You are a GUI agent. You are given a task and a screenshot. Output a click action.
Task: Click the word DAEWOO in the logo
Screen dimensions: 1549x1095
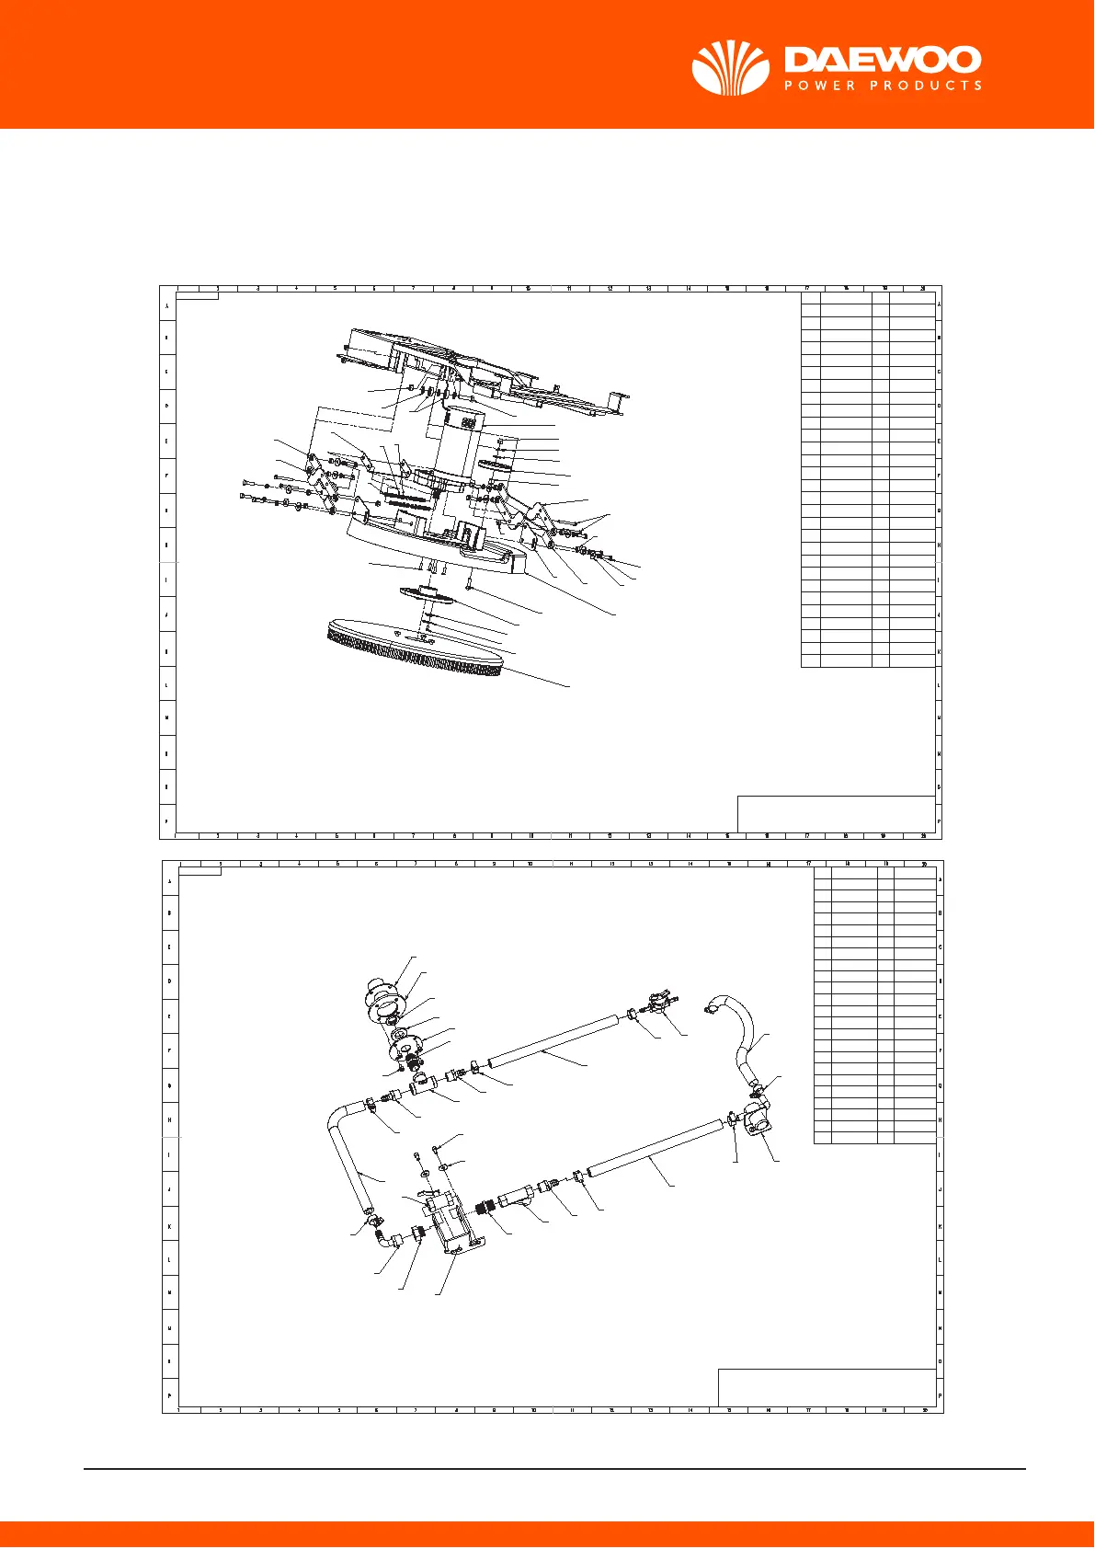pyautogui.click(x=883, y=61)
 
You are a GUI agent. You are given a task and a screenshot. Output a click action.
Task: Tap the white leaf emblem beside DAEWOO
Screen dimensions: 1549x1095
pyautogui.click(x=730, y=68)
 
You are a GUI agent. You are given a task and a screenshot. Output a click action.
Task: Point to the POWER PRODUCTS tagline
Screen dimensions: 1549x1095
pyautogui.click(x=883, y=86)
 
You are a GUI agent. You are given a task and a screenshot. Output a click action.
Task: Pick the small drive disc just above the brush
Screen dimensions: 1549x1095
pyautogui.click(x=428, y=595)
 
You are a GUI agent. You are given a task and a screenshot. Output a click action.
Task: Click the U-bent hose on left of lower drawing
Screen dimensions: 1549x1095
pyautogui.click(x=349, y=1154)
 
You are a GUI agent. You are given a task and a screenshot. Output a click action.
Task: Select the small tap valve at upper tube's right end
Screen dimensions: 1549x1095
pyautogui.click(x=657, y=1003)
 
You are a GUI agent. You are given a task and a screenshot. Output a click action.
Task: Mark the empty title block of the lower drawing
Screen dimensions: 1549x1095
pyautogui.click(x=826, y=1387)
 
